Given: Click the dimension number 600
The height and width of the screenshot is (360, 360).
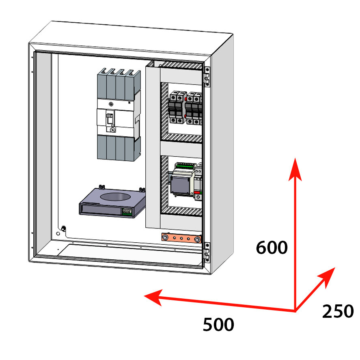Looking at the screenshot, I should tap(272, 247).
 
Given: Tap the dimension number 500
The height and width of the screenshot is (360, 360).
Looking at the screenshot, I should tap(218, 325).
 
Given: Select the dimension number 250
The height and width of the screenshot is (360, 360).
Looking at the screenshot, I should tap(338, 312).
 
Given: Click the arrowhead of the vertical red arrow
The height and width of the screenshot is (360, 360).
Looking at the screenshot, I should tap(295, 166).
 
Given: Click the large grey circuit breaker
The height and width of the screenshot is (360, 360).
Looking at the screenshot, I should tap(118, 114).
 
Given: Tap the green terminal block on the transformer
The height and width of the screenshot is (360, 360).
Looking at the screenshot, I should tap(127, 211).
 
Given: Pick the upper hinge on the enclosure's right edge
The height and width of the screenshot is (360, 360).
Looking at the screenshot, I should tap(207, 76).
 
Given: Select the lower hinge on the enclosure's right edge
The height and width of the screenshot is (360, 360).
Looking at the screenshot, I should tap(207, 251).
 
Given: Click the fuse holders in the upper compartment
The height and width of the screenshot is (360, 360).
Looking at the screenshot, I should tap(185, 108).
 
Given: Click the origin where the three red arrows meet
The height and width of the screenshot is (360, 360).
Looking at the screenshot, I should tap(295, 311).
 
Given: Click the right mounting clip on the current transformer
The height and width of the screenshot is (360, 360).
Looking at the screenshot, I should tap(141, 190).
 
